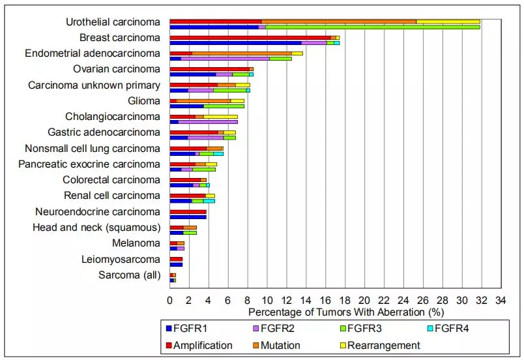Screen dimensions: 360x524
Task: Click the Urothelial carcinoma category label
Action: click(x=113, y=22)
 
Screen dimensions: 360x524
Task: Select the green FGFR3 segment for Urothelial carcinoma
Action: click(x=372, y=27)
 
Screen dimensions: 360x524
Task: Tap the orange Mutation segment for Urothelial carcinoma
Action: click(x=339, y=22)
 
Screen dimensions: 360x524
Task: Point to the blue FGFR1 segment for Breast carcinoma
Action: click(x=235, y=43)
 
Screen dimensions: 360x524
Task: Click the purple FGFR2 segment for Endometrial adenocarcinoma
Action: click(x=225, y=59)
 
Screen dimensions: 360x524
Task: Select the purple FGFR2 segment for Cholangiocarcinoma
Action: click(x=208, y=122)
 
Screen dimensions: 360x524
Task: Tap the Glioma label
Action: click(x=144, y=101)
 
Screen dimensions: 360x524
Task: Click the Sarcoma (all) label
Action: click(x=129, y=275)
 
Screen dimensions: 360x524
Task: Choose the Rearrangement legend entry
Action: click(x=383, y=346)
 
